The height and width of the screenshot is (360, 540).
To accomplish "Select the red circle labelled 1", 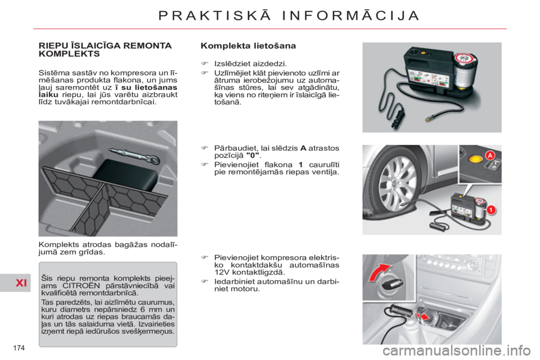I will (490, 210).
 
